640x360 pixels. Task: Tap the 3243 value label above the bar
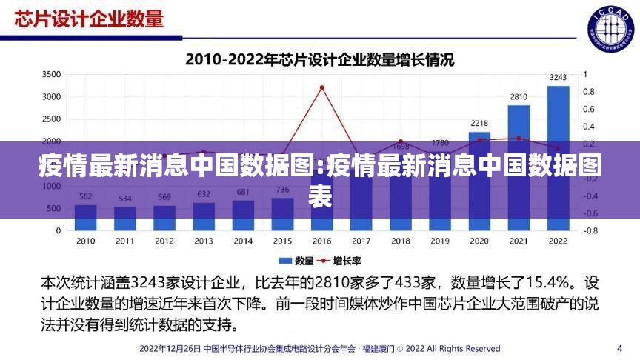[559, 77]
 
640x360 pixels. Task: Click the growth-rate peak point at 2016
[321, 87]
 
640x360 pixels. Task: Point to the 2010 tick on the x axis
[85, 241]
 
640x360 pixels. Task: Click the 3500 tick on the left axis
[51, 75]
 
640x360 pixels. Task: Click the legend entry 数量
[296, 260]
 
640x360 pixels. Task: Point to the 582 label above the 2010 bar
[85, 196]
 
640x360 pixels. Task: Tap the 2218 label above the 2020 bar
[479, 123]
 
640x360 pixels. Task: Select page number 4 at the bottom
[619, 347]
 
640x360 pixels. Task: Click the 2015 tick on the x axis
[282, 241]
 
